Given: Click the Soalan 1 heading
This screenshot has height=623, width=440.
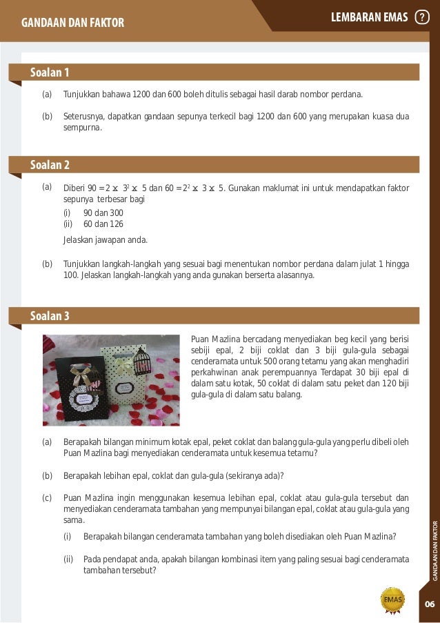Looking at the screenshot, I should click(x=50, y=72).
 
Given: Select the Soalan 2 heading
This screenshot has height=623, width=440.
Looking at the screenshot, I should click(x=50, y=165).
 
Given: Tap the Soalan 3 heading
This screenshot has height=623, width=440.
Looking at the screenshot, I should click(x=50, y=316).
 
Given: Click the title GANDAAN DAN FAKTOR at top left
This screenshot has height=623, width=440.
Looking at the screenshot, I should click(x=73, y=23).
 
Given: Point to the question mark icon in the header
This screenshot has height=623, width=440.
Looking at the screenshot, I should click(x=421, y=17).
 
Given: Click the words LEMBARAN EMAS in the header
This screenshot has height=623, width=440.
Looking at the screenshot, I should click(x=370, y=17).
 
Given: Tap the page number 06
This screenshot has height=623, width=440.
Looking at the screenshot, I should click(x=429, y=604).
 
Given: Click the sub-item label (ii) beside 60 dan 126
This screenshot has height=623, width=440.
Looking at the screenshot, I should click(x=68, y=224).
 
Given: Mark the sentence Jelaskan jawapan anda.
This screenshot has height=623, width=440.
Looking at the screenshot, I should click(x=105, y=240).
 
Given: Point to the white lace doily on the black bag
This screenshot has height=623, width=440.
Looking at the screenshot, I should click(x=82, y=399).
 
